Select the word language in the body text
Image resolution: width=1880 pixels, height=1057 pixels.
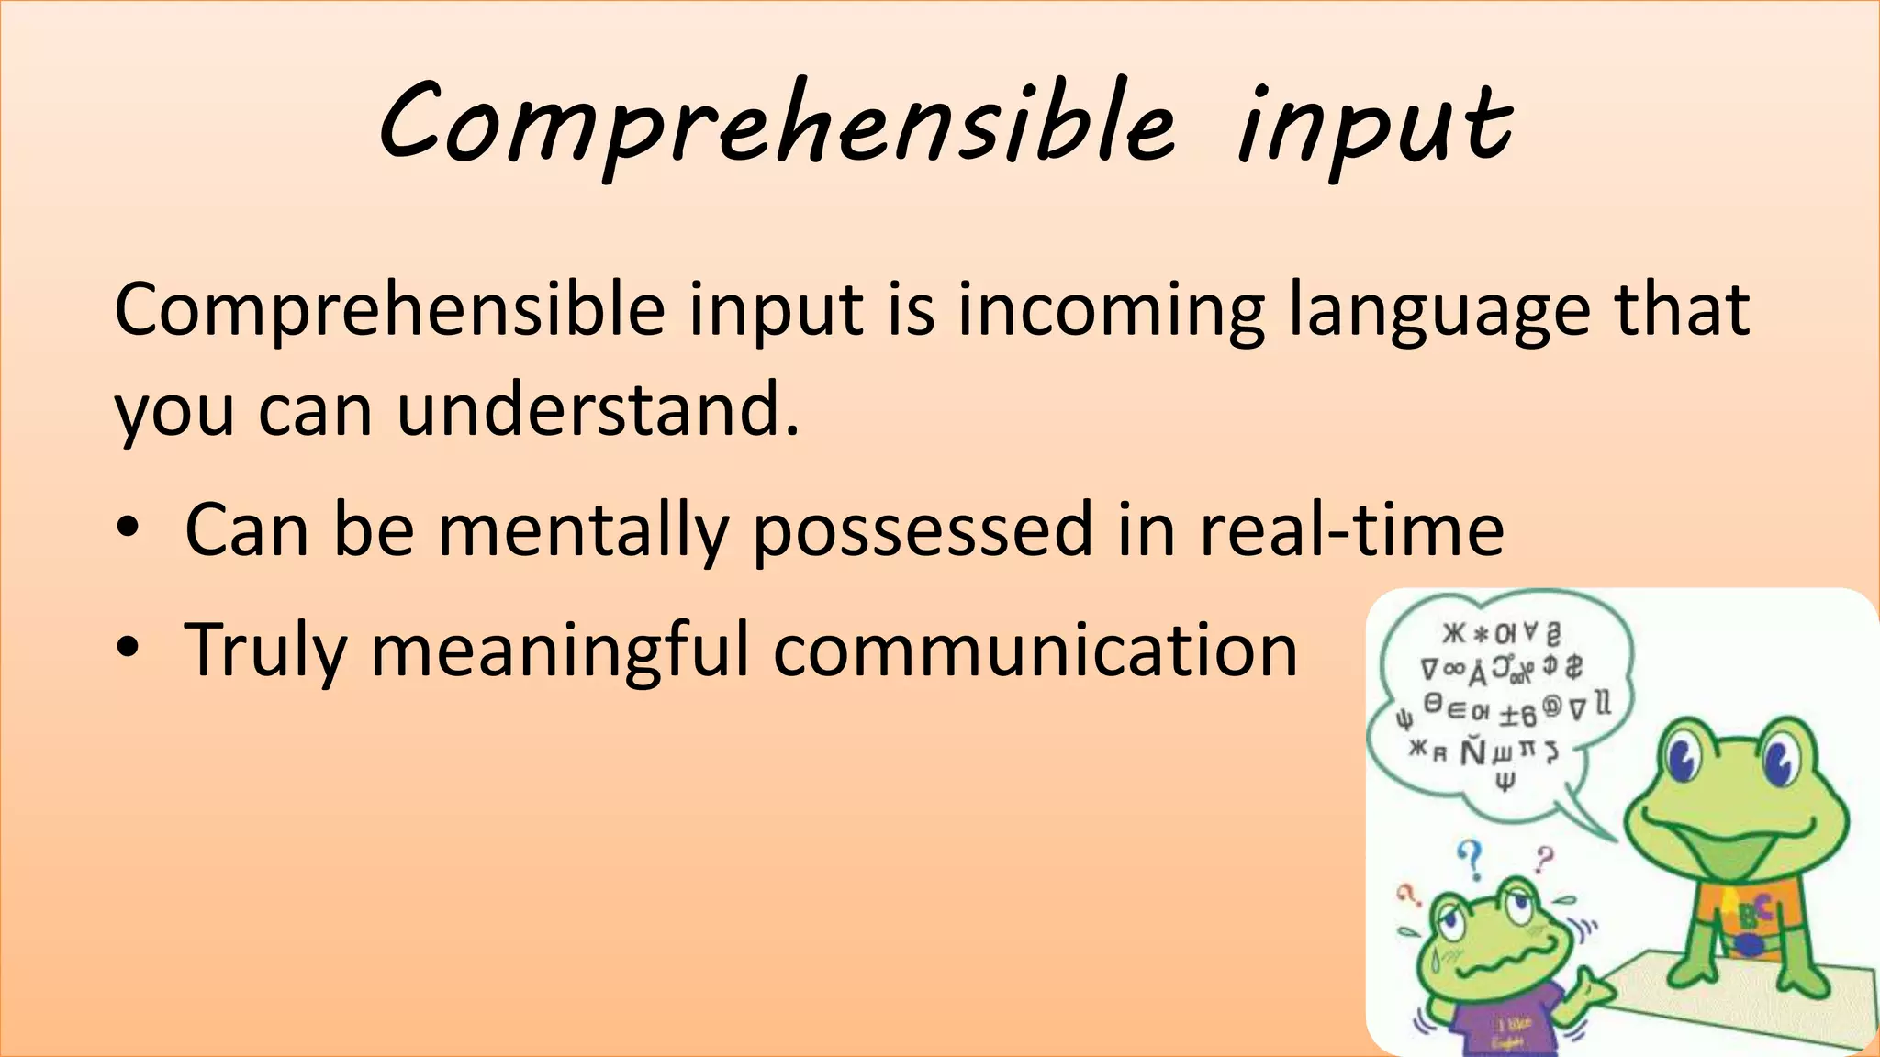click(x=1438, y=312)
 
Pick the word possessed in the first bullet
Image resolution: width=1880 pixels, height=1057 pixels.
click(x=923, y=532)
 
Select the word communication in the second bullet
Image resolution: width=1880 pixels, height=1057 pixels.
click(x=1035, y=651)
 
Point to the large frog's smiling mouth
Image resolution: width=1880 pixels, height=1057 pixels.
click(x=1726, y=830)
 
